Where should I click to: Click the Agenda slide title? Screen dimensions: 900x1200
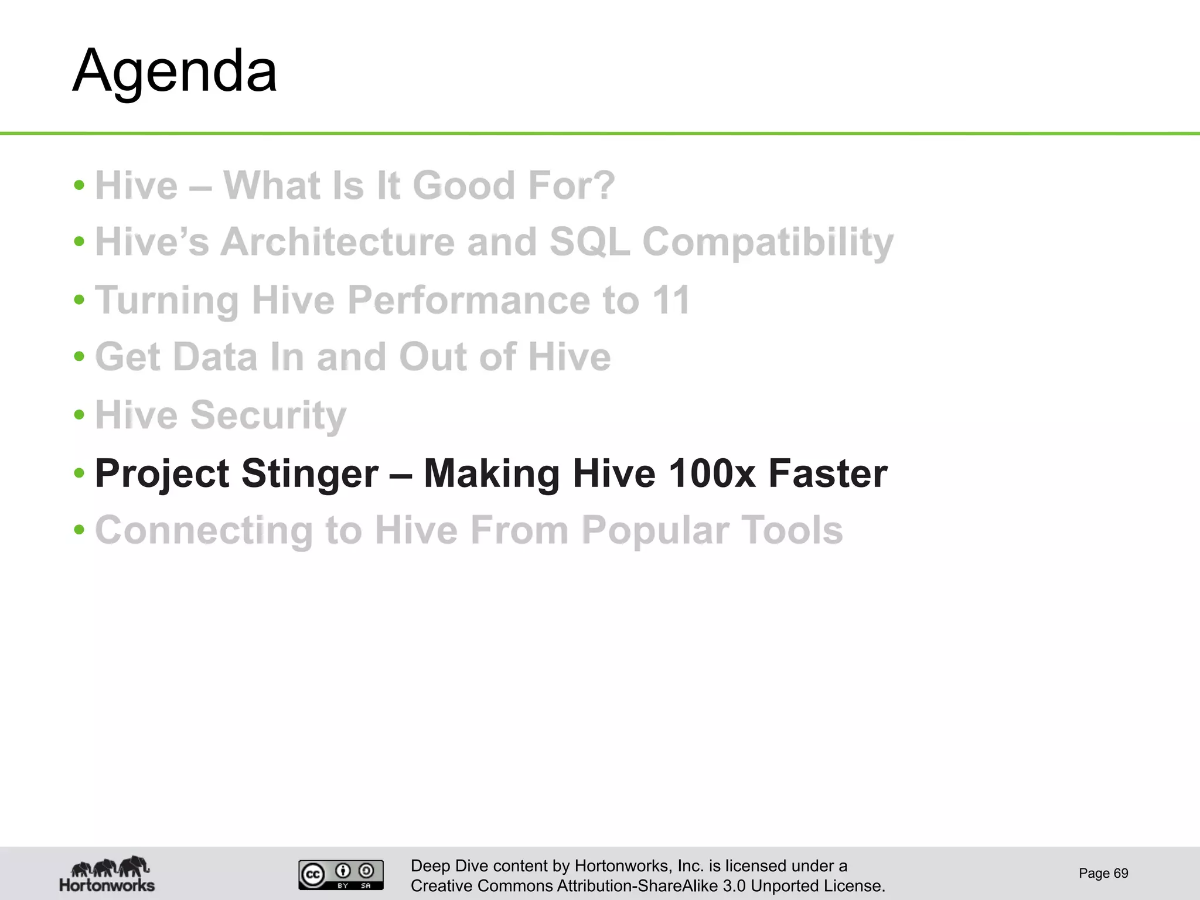(175, 71)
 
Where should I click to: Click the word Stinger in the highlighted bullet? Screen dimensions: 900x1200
(309, 473)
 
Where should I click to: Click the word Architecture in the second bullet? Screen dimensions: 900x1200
(337, 242)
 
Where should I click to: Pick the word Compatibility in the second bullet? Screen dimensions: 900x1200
(768, 242)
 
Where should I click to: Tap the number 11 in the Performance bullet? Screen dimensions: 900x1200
(671, 300)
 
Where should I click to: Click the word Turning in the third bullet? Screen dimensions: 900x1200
(166, 300)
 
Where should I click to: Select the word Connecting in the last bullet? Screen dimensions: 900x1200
(204, 531)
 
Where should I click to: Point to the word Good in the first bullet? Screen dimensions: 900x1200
(463, 186)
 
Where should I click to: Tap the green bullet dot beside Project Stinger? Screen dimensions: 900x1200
(80, 472)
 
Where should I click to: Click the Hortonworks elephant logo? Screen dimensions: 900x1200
(107, 874)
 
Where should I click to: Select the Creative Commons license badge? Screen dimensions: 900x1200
(340, 874)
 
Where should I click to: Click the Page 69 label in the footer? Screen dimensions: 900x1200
(1103, 874)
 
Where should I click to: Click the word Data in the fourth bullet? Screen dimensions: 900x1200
(215, 357)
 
